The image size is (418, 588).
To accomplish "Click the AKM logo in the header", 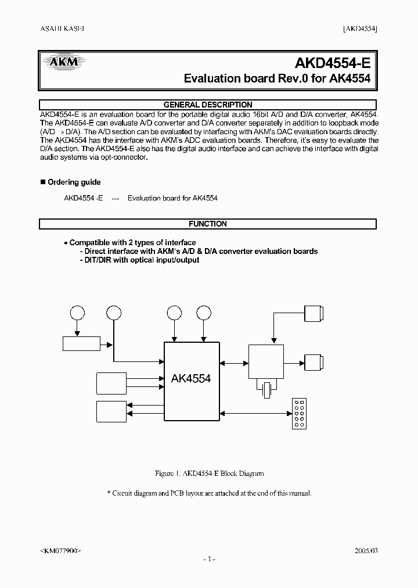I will pyautogui.click(x=61, y=61).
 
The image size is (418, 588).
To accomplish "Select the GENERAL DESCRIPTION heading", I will pyautogui.click(x=208, y=105).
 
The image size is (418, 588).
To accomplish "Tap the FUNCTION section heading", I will pyautogui.click(x=208, y=224).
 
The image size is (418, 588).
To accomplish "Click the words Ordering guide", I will pyautogui.click(x=74, y=182).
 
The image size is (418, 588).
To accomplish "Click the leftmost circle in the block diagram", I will pyautogui.click(x=77, y=313).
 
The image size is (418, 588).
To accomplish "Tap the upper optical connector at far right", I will pyautogui.click(x=314, y=313).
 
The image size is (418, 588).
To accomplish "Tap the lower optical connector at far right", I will pyautogui.click(x=314, y=363).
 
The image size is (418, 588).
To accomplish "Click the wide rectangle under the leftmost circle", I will pyautogui.click(x=81, y=343).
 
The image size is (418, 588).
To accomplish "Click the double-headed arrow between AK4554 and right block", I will pyautogui.click(x=234, y=363).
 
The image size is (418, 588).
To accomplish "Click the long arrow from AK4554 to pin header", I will pyautogui.click(x=255, y=413).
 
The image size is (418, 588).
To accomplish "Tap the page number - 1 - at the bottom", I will pyautogui.click(x=209, y=559).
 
